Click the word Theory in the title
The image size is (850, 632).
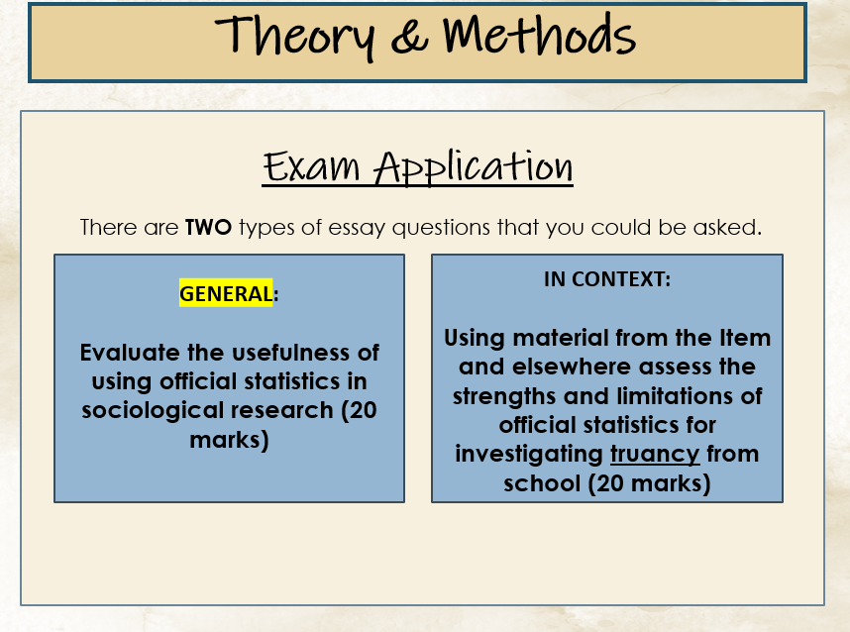(294, 37)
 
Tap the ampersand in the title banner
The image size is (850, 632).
(409, 37)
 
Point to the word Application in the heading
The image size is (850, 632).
(474, 167)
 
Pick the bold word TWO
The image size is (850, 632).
(208, 227)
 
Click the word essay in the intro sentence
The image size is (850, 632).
(358, 228)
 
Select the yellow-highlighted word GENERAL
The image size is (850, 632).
(226, 293)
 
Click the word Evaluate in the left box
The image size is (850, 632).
(130, 353)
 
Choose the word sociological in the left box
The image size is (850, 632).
(153, 411)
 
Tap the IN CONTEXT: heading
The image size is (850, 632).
(607, 279)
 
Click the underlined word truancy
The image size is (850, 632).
(655, 455)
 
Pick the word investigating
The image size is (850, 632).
(529, 455)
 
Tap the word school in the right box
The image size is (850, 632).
(542, 483)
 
